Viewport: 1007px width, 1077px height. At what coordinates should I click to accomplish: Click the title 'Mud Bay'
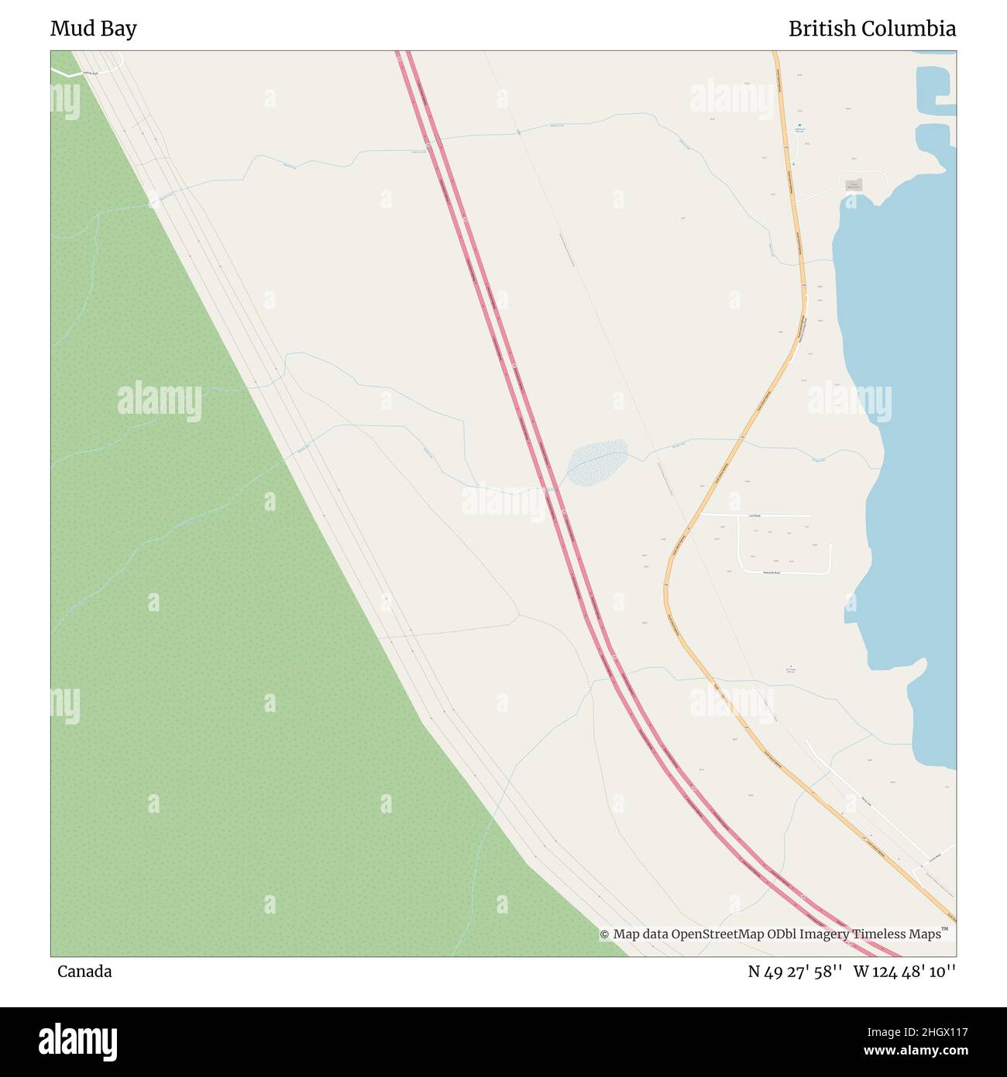93,29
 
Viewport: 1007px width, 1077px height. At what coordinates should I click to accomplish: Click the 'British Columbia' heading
871,29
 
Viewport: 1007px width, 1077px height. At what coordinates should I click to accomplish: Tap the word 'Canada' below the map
84,972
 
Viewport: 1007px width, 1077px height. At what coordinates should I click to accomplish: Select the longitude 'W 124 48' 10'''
905,972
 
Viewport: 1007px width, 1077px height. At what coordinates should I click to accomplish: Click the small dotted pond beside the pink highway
596,463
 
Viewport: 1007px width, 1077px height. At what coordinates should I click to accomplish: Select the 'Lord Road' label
754,515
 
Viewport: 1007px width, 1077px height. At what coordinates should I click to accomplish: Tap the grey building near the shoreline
854,185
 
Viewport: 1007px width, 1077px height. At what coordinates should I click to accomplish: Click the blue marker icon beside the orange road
799,125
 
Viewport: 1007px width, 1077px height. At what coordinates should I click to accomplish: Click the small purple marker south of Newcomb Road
790,666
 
